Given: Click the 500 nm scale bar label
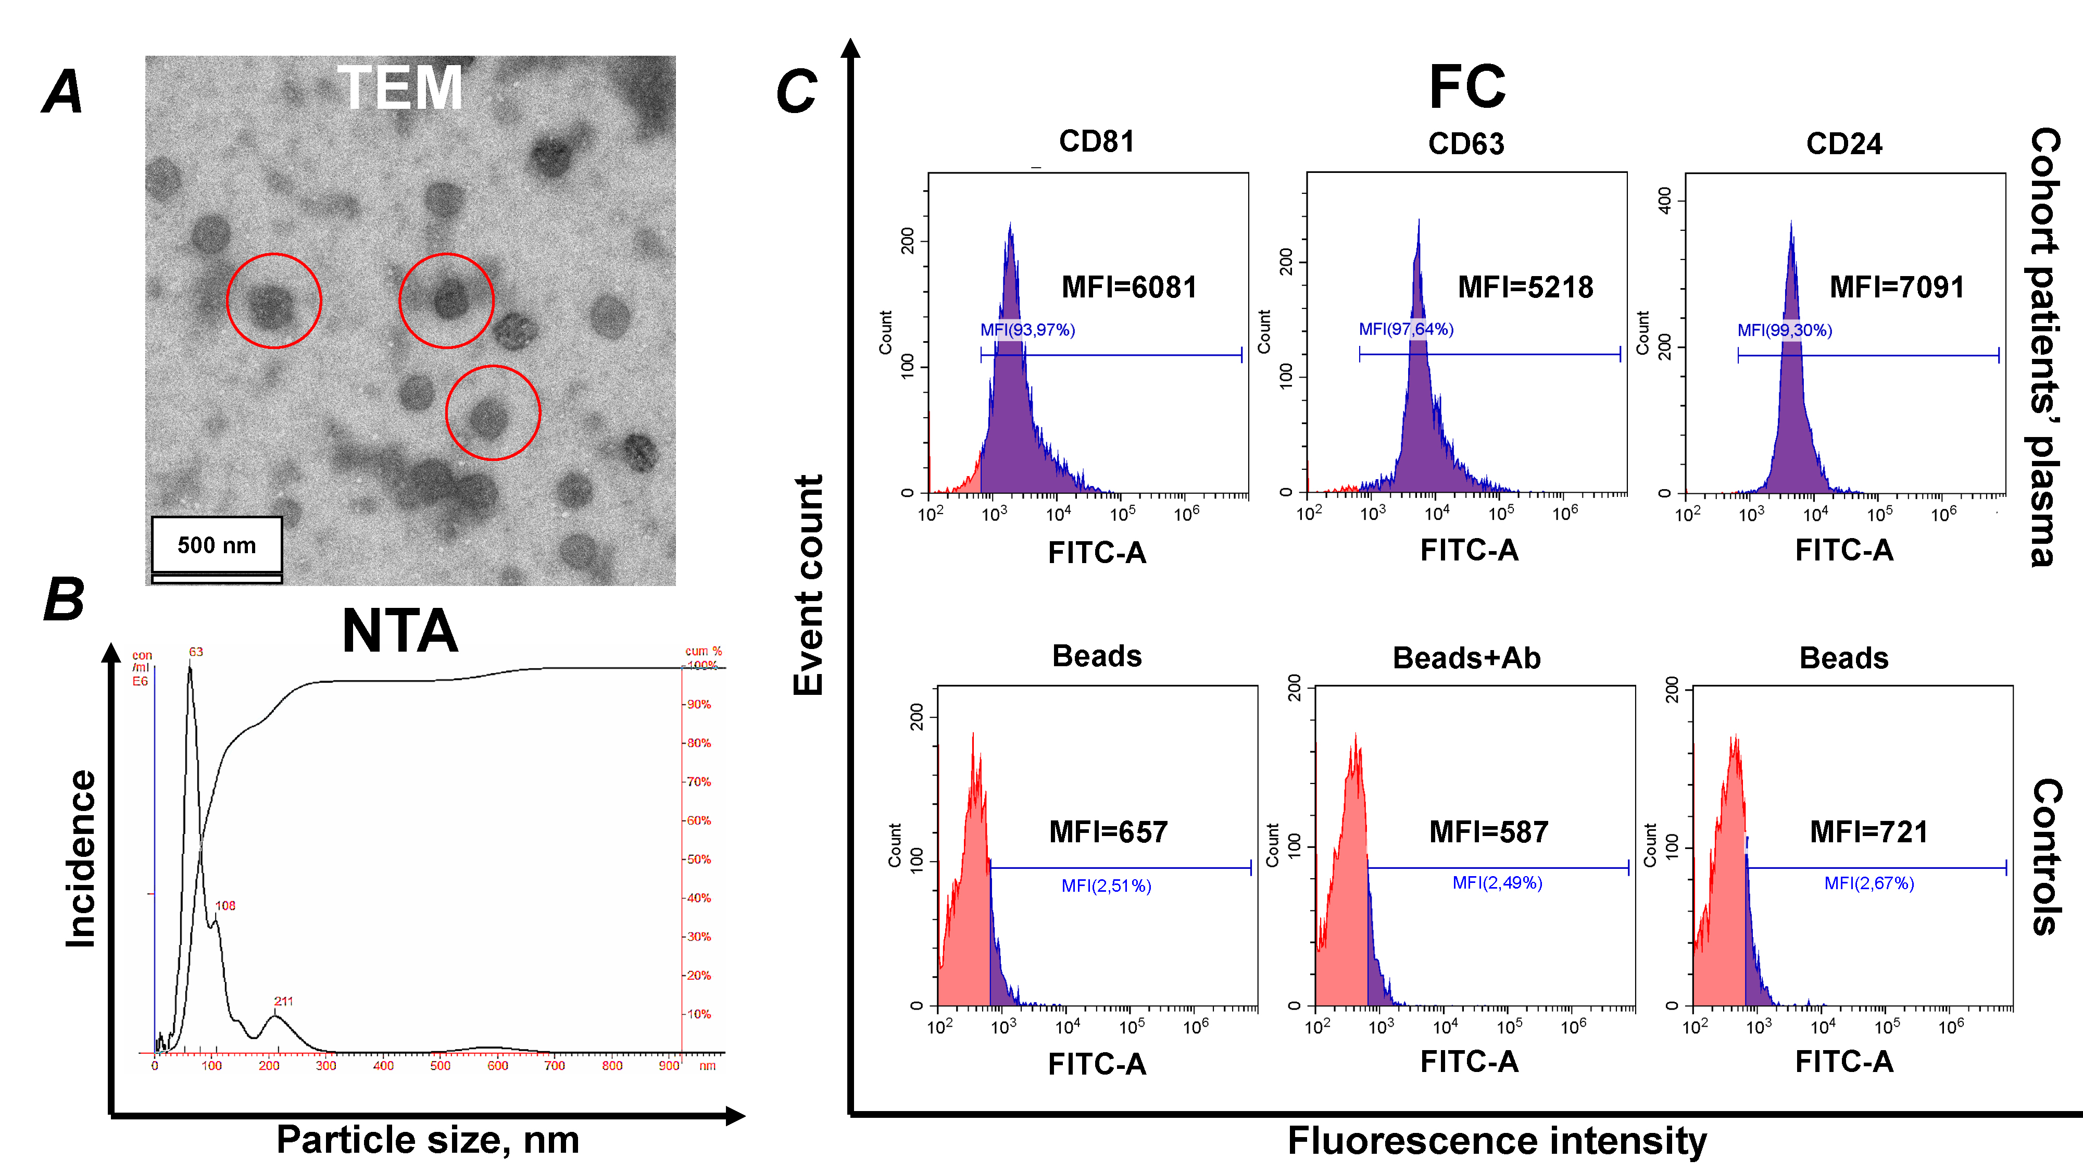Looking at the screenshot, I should coord(217,545).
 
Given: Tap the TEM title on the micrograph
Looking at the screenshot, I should coord(399,88).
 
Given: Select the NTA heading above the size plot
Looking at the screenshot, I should coord(399,631).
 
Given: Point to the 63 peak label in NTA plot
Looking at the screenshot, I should coord(196,652).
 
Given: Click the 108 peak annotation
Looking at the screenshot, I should coord(225,906).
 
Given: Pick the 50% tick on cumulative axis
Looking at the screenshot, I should coord(699,859).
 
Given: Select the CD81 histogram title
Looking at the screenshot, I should coord(1097,142).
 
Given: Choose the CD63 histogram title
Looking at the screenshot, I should coord(1466,144).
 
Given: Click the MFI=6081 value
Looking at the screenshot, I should coord(1129,287).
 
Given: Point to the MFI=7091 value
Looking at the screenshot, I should coord(1897,287).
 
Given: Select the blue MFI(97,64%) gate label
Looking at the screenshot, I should coord(1406,329).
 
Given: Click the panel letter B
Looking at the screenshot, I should coord(63,600).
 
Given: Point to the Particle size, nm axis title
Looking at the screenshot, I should coord(428,1140).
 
